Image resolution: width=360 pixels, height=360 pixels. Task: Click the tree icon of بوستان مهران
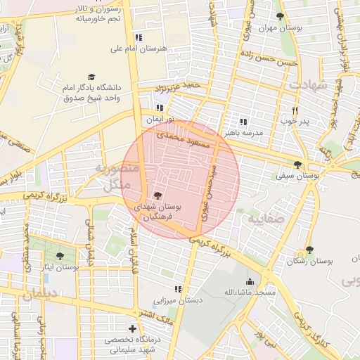[281, 16]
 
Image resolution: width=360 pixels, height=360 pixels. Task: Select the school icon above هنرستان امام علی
[139, 37]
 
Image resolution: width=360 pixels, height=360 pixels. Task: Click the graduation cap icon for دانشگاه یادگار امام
[91, 77]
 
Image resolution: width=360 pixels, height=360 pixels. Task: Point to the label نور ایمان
[159, 120]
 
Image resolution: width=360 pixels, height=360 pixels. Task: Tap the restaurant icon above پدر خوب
[295, 110]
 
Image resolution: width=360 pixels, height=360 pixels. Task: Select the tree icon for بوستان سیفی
[297, 165]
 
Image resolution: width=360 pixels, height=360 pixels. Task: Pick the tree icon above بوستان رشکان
[309, 250]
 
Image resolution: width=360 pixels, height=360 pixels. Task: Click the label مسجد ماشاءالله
[249, 291]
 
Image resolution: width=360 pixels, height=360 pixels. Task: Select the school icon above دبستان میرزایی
[178, 289]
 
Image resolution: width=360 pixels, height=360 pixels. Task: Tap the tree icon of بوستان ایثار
[59, 256]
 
